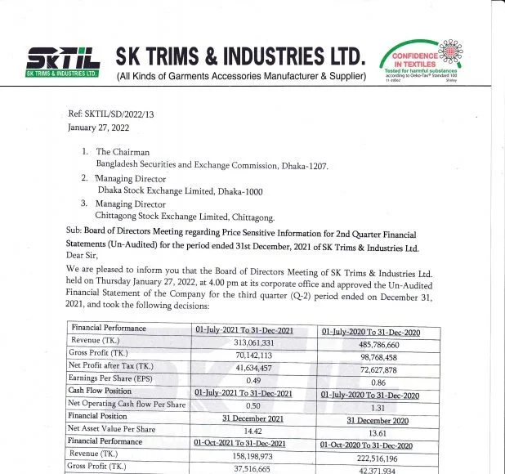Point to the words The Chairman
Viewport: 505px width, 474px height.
123,152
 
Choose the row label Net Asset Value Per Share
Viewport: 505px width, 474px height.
112,429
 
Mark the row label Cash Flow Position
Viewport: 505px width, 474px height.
103,391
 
